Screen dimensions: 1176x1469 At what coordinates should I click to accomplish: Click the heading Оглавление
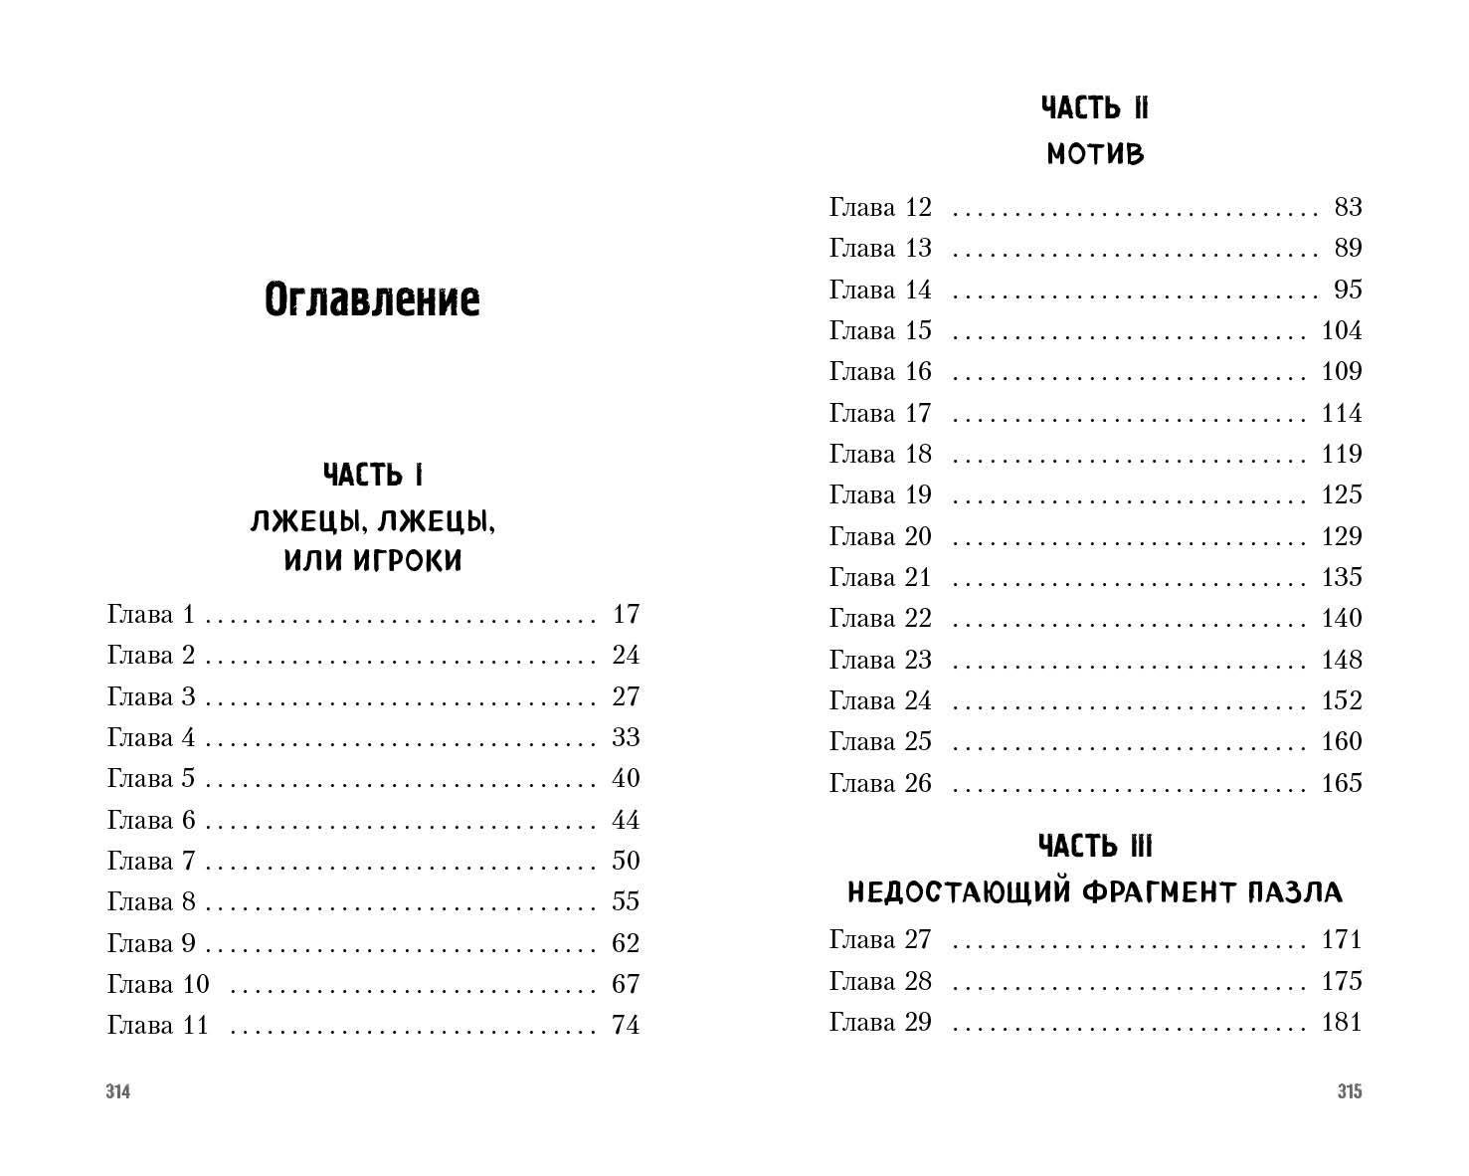tap(372, 299)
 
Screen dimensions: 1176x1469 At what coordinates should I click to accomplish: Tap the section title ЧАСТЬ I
tap(373, 476)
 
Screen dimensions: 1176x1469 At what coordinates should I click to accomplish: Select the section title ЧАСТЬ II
tap(1094, 108)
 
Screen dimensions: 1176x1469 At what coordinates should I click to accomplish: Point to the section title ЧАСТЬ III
tap(1094, 847)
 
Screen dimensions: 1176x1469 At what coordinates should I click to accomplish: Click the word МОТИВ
tap(1095, 155)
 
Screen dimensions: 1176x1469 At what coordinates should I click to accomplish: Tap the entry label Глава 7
tap(151, 861)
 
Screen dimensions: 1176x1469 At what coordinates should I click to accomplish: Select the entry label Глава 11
tap(158, 1025)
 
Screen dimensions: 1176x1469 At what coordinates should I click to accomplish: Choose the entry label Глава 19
tap(880, 494)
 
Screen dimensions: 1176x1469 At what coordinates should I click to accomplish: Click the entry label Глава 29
tap(880, 1022)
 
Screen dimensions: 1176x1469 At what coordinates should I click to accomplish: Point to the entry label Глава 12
tap(880, 207)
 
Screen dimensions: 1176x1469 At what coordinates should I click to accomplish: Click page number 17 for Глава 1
tap(626, 614)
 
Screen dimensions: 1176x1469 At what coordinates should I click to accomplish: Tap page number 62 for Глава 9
tap(626, 943)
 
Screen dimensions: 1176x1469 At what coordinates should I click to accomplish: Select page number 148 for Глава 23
tap(1341, 660)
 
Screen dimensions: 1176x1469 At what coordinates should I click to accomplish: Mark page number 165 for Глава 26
tap(1341, 783)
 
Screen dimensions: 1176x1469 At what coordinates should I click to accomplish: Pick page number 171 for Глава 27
tap(1341, 939)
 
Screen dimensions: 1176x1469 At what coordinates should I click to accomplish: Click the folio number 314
tap(118, 1092)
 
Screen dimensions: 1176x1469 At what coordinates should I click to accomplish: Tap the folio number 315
tap(1349, 1092)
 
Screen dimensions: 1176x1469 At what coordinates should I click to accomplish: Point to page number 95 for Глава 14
tap(1348, 290)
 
